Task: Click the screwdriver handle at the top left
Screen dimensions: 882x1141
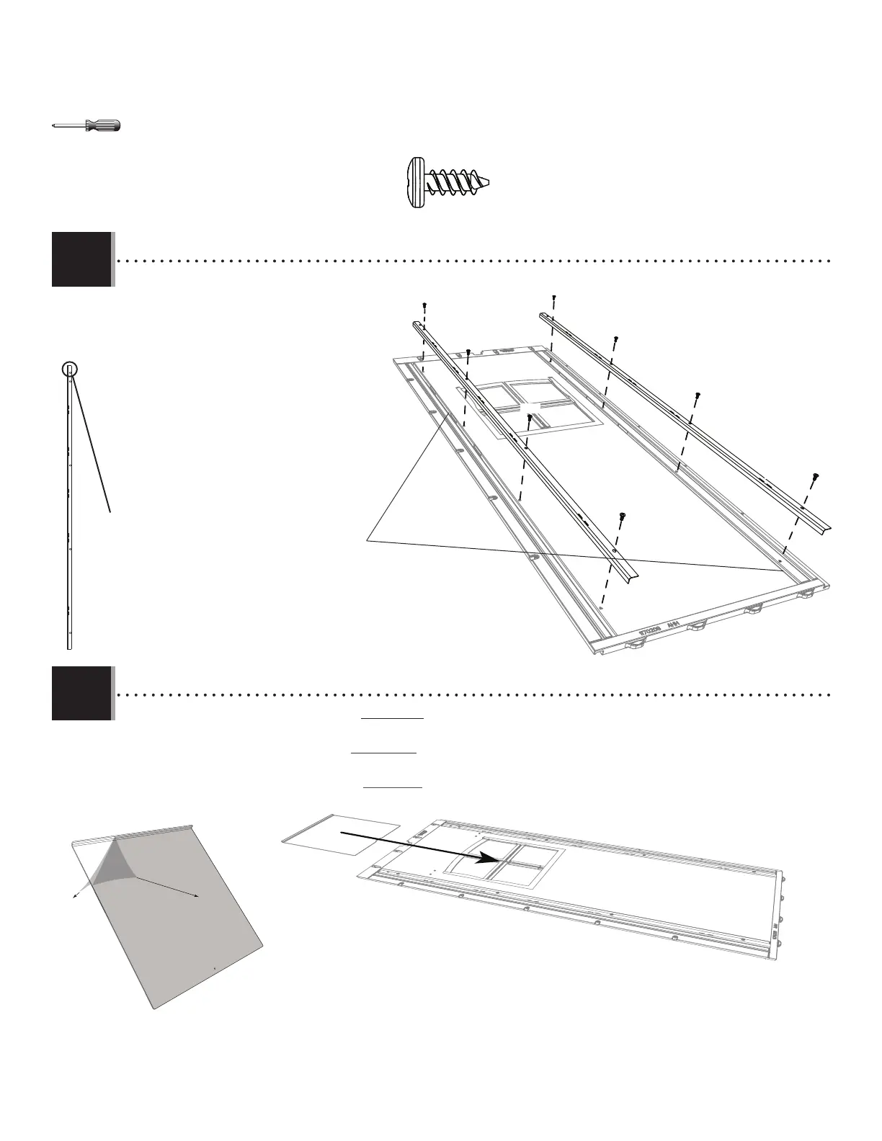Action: click(103, 125)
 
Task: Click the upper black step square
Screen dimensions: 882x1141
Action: click(81, 259)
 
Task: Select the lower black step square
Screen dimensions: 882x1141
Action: click(81, 693)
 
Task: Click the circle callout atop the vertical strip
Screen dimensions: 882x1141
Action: click(69, 370)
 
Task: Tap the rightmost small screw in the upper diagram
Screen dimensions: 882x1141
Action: click(816, 475)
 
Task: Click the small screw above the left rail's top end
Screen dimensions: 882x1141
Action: click(425, 305)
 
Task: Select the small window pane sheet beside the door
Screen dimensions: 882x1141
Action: click(340, 833)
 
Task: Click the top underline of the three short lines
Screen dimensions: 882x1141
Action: click(392, 718)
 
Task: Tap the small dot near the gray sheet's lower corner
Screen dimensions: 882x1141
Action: click(215, 969)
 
